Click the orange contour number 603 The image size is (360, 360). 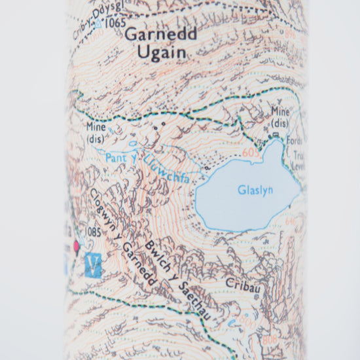[247, 152]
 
